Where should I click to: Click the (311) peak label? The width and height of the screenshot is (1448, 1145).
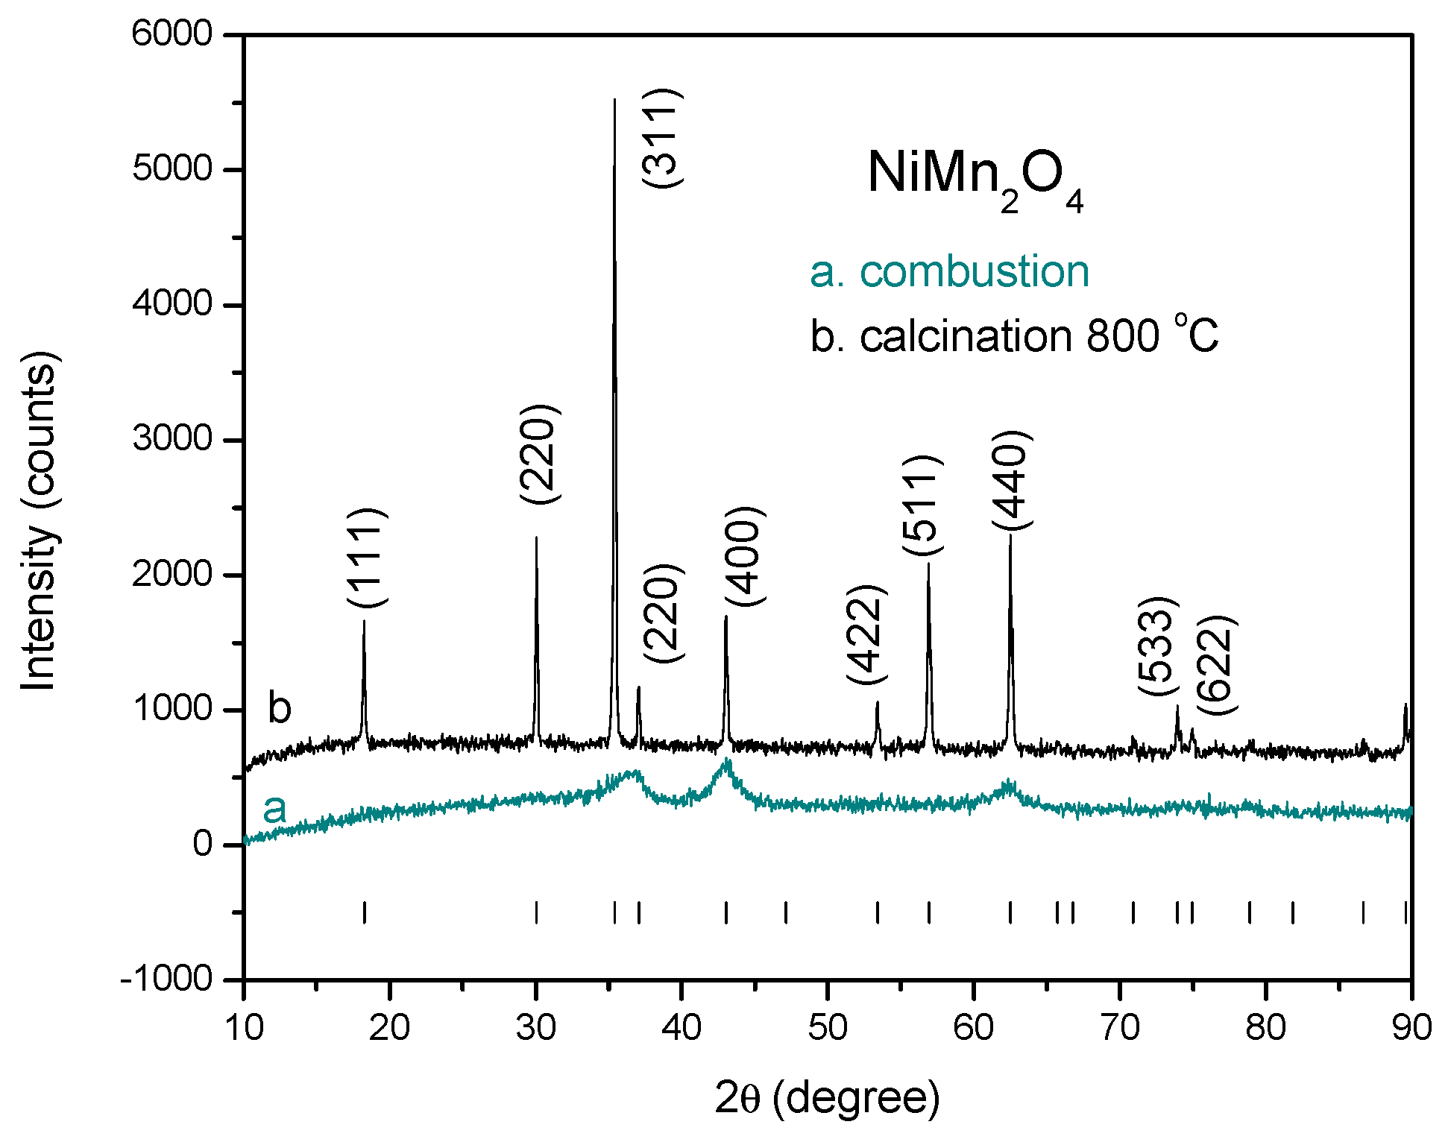pos(661,138)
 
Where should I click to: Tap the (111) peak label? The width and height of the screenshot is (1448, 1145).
pos(366,558)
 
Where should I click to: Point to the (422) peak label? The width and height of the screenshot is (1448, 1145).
pos(867,634)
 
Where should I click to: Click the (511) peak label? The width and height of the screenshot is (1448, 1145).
pos(922,505)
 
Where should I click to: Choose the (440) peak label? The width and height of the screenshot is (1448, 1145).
pos(1012,480)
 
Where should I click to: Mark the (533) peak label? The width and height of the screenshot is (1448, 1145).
pos(1157,646)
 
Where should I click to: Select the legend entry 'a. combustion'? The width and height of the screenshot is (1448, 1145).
pos(949,271)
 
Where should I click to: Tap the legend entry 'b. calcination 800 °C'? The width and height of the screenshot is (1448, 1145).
pos(1014,336)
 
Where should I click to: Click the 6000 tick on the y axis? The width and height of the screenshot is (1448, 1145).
pos(171,34)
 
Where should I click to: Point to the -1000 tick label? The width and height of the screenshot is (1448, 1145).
pos(166,978)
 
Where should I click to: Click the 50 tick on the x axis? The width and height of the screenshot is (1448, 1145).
pos(827,1028)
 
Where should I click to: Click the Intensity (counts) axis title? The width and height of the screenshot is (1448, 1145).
pos(39,522)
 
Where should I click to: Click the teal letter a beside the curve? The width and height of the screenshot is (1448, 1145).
pos(274,809)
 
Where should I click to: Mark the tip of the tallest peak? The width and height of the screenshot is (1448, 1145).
pos(614,99)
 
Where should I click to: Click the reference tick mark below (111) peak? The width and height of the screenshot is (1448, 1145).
pos(365,912)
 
